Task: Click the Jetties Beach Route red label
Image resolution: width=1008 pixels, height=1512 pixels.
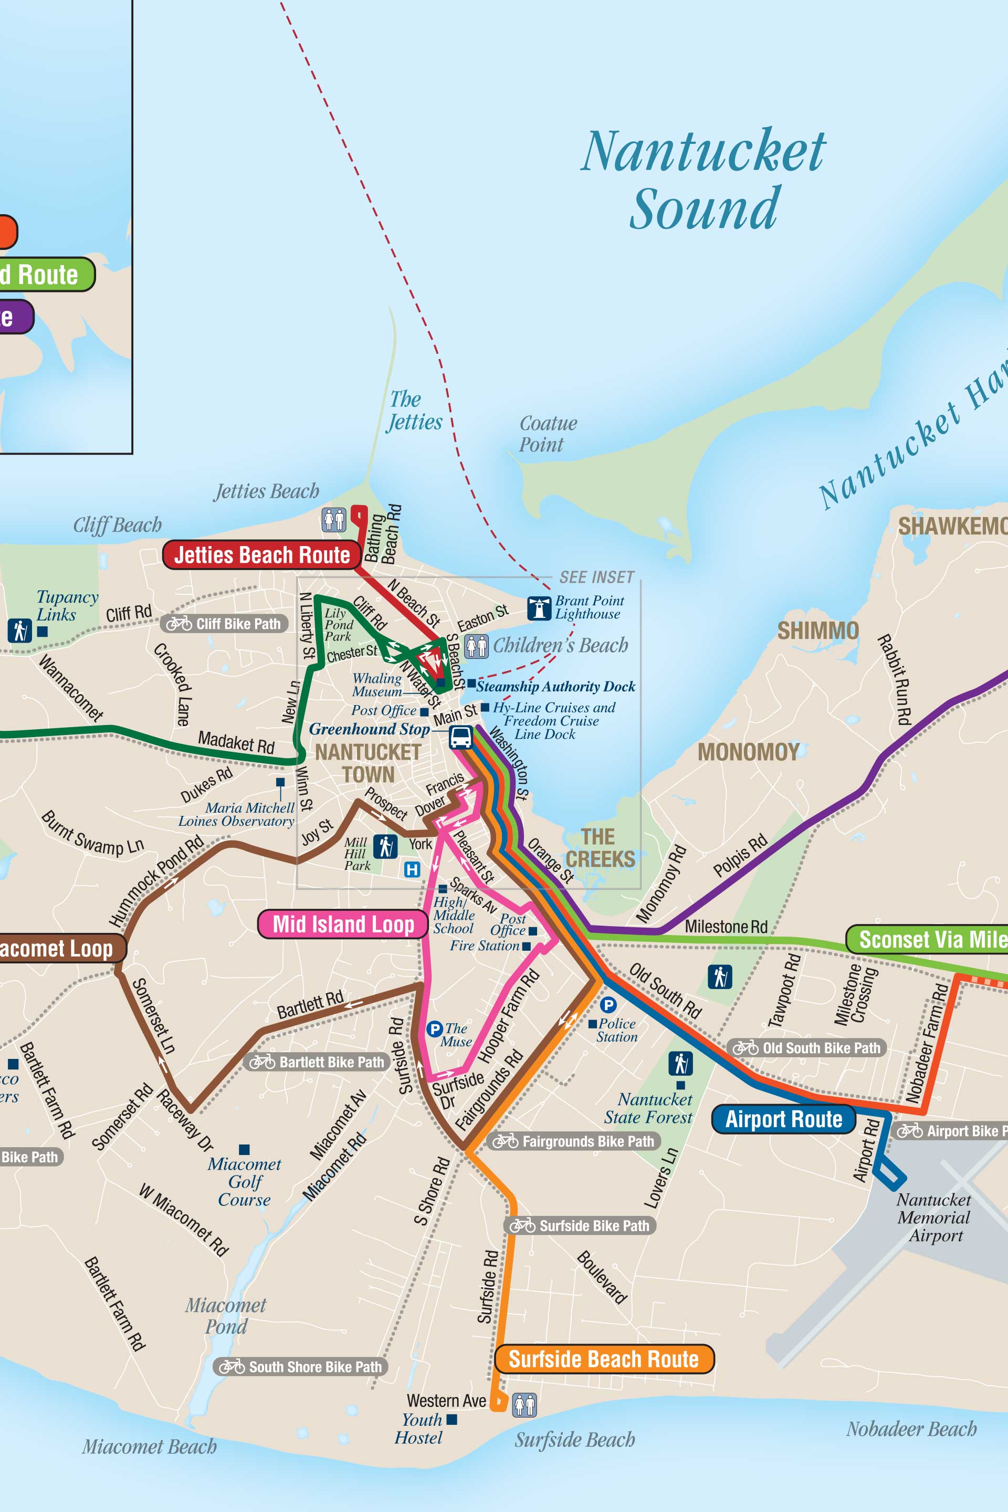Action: click(261, 555)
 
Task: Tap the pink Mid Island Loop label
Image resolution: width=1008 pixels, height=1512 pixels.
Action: click(343, 924)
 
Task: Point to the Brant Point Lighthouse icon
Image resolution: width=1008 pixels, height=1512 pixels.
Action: click(539, 607)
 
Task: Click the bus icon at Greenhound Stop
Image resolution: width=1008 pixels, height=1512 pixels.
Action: click(460, 737)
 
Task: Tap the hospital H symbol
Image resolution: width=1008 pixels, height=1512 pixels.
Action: click(412, 870)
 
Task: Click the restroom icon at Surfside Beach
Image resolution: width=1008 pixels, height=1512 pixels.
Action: click(524, 1405)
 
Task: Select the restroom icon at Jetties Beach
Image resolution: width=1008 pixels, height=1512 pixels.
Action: click(334, 519)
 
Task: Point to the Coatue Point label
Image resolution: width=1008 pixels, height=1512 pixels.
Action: click(548, 434)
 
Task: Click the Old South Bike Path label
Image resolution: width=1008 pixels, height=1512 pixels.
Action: click(807, 1048)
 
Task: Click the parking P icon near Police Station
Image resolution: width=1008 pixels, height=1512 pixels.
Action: click(608, 1004)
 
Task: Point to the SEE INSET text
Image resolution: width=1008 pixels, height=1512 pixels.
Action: click(596, 577)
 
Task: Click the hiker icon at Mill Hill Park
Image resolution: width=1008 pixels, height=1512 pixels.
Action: click(385, 847)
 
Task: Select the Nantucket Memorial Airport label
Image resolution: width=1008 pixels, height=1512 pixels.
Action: click(933, 1217)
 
